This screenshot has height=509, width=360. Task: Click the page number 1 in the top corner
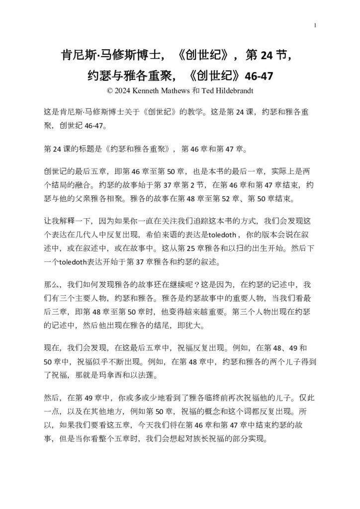316,26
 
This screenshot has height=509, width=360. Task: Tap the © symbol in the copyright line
110,91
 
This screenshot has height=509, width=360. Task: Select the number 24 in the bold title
267,56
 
